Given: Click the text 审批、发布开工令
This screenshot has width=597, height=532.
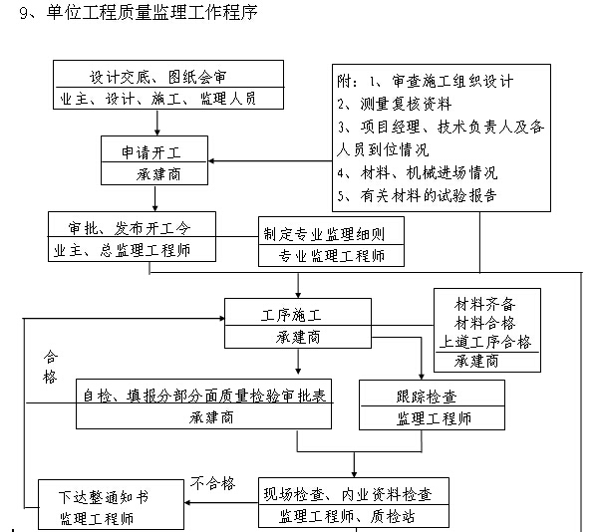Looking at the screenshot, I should (130, 227).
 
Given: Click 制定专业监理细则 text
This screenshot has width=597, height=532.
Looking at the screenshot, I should (331, 234).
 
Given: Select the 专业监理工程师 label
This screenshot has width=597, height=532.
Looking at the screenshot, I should (331, 256).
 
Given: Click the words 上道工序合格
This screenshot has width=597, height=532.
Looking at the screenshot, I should (486, 342).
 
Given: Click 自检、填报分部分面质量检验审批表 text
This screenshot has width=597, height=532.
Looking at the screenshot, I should (203, 395).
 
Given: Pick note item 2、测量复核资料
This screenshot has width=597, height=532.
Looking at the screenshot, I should (395, 104).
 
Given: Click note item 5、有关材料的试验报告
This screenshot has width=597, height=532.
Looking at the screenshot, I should (417, 195).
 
